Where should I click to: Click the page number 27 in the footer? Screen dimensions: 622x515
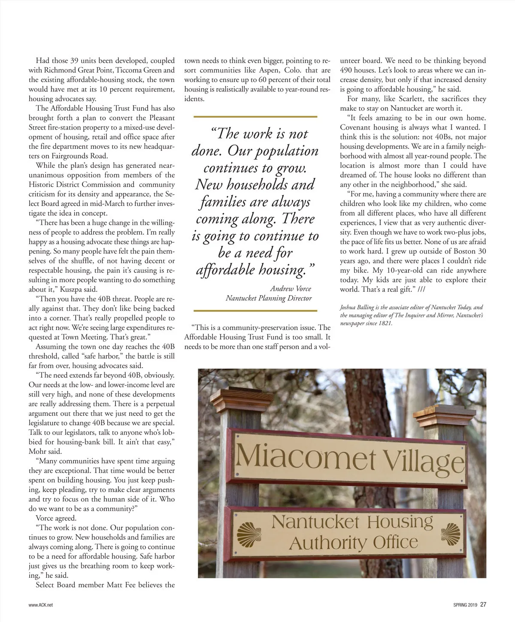click(x=483, y=605)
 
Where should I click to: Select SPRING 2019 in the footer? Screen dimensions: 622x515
click(x=465, y=605)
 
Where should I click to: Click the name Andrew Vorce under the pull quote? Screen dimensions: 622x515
click(x=291, y=289)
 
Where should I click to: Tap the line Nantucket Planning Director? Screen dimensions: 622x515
click(x=269, y=298)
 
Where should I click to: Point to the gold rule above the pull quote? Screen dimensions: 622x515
click(x=255, y=116)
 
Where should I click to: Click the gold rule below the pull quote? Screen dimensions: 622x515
click(x=255, y=310)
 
